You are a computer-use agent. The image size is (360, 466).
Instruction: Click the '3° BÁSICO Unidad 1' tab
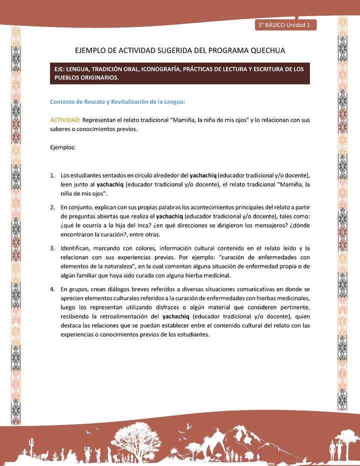(284, 24)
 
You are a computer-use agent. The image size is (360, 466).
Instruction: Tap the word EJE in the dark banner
(61, 69)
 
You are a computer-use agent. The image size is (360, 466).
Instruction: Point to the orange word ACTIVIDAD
(65, 120)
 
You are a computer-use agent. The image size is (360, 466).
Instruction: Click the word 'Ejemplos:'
(63, 147)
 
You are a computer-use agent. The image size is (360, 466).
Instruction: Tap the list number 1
(52, 175)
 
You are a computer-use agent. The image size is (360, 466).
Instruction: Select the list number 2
(52, 207)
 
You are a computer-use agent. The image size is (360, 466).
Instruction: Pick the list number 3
(52, 248)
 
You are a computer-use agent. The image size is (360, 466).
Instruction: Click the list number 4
(52, 289)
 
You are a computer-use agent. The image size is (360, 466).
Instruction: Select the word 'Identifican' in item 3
(75, 248)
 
